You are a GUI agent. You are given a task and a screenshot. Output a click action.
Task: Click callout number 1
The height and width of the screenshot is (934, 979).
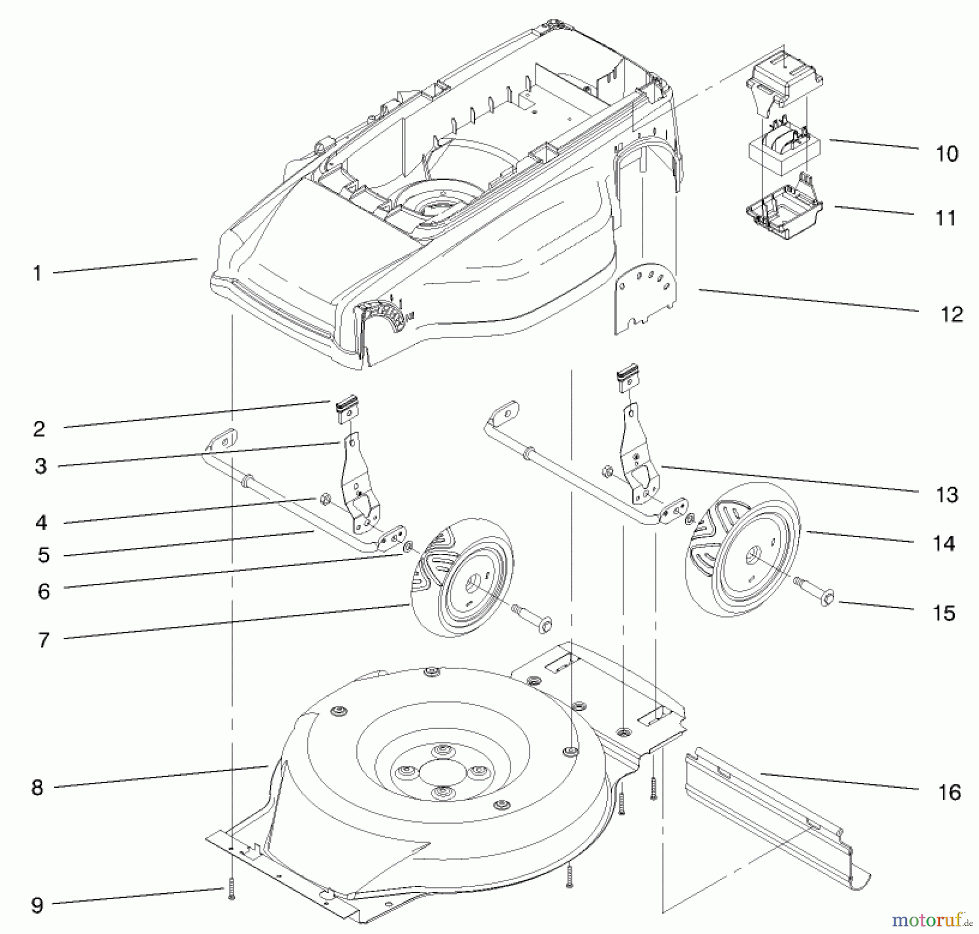pos(37,273)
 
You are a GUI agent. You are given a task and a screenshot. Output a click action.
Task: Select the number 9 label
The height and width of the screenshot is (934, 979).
pos(37,905)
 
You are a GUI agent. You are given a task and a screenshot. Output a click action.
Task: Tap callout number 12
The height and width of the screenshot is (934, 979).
pos(951,315)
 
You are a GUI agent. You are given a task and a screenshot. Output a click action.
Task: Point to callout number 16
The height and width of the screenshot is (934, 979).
pos(950,792)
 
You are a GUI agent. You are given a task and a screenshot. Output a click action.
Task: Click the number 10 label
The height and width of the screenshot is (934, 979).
pos(947,154)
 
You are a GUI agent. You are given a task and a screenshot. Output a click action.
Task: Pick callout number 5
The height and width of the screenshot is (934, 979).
pos(44,555)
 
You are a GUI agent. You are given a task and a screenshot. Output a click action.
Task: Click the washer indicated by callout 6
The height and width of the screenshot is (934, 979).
pos(407,546)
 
